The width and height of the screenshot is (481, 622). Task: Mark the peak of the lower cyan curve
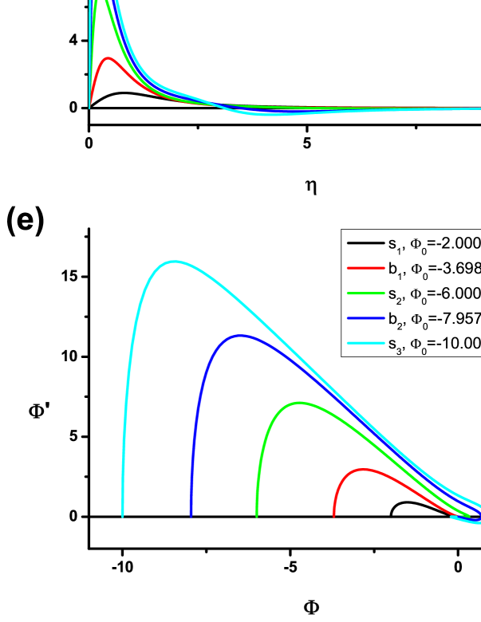pyautogui.click(x=174, y=261)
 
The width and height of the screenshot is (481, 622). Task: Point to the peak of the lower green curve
pyautogui.click(x=298, y=402)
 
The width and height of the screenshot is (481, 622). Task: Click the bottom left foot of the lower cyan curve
pyautogui.click(x=122, y=516)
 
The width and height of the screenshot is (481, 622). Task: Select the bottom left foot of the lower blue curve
pyautogui.click(x=191, y=516)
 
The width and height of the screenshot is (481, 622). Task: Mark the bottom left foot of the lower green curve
pyautogui.click(x=257, y=516)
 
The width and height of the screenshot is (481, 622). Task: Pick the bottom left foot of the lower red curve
pyautogui.click(x=333, y=516)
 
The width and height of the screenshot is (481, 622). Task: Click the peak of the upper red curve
pyautogui.click(x=109, y=57)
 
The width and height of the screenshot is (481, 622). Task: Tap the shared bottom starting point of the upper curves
pyautogui.click(x=89, y=108)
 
